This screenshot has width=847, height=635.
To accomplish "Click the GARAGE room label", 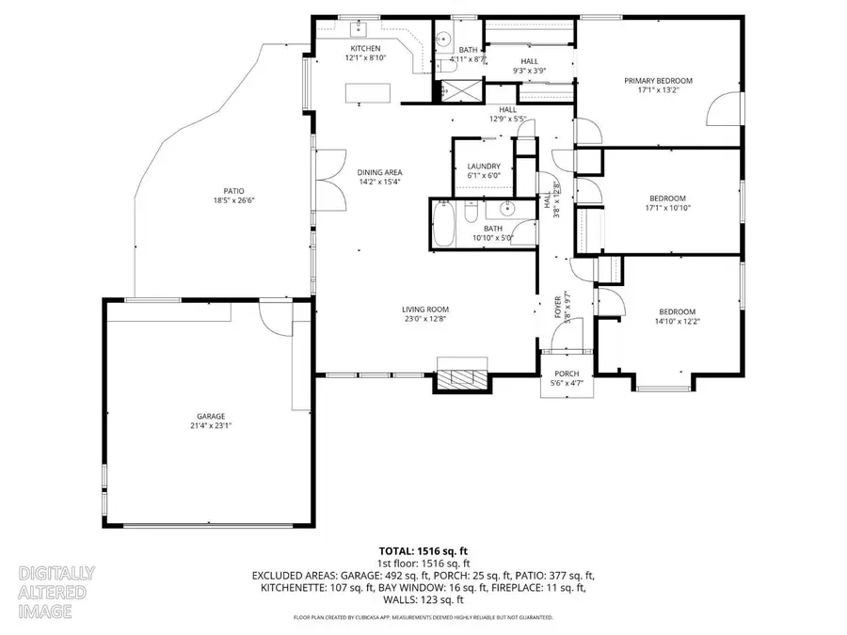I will [211, 416].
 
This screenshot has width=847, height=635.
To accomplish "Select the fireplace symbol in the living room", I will [462, 378].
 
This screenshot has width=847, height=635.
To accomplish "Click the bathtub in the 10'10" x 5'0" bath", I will [447, 225].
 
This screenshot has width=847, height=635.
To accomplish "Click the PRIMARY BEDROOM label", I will [658, 81].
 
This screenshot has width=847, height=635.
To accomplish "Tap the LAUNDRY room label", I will [485, 166].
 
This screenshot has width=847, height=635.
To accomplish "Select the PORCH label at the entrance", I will [566, 373].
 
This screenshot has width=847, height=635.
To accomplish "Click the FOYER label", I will [557, 305].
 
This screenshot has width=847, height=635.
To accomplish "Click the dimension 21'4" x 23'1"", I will [211, 425].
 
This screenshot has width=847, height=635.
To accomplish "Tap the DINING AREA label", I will [379, 172].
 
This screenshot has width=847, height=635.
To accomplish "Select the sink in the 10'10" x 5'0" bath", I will [507, 209].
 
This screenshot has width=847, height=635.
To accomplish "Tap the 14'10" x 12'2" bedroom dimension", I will [677, 323].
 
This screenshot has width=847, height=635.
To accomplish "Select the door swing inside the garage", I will [276, 320].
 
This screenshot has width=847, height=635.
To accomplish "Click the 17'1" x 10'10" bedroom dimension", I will [667, 209].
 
